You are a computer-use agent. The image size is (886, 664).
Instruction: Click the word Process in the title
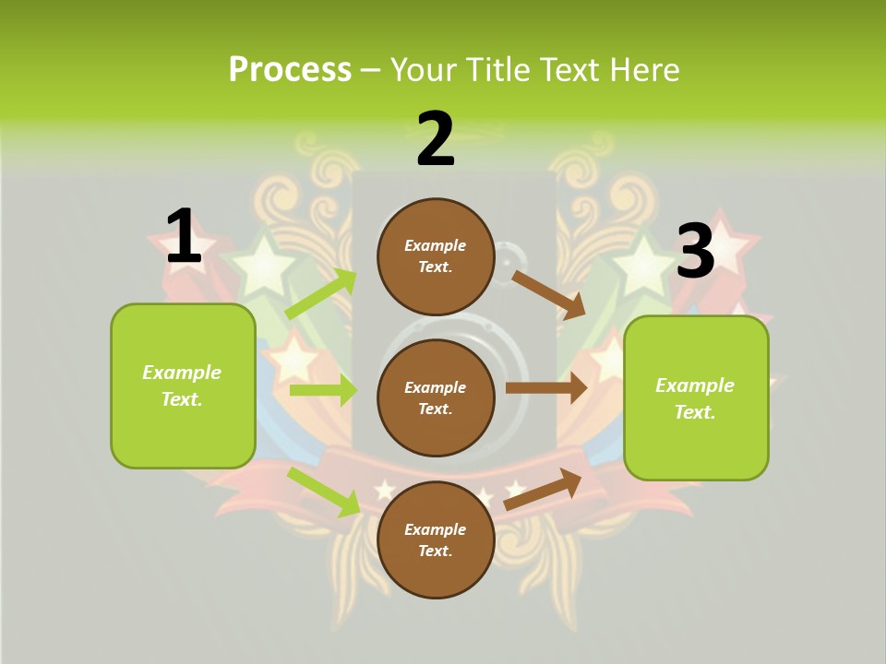290,70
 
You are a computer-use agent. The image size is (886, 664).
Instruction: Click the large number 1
183,236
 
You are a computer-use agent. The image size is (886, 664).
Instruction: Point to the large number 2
436,139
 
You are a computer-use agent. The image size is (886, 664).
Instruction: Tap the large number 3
695,251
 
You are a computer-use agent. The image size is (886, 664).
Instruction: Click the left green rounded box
183,385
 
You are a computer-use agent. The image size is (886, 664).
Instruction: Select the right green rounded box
696,398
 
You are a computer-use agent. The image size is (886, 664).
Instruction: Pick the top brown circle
436,256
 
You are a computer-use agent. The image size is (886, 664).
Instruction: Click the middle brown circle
436,397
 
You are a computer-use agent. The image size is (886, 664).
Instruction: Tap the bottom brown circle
436,539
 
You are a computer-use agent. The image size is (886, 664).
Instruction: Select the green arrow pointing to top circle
321,294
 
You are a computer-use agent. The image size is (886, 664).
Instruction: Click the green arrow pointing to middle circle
323,390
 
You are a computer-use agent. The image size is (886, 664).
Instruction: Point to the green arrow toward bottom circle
324,492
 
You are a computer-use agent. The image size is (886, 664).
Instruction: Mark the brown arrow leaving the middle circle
546,388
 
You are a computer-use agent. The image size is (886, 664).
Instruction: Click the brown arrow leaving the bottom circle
544,489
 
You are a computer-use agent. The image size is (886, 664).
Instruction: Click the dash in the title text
370,70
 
